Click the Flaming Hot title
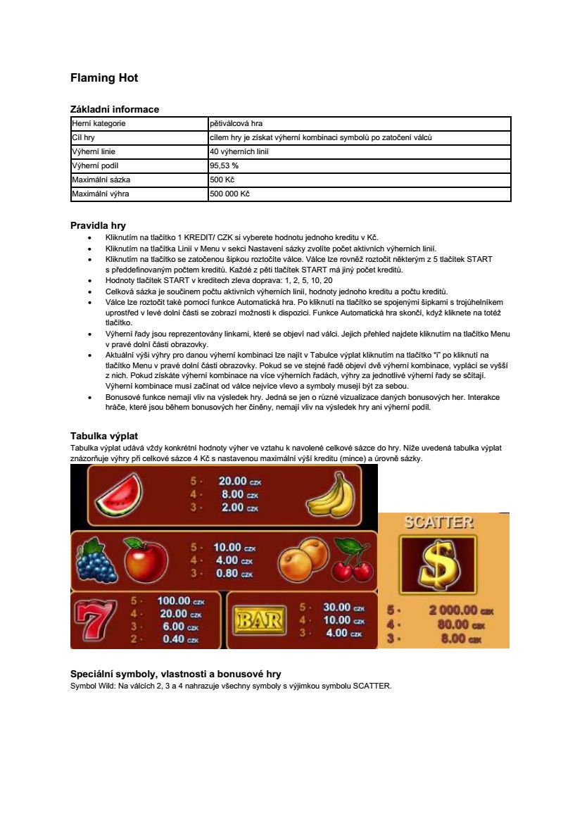point(104,78)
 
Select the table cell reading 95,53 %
point(224,165)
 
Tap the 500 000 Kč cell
point(229,194)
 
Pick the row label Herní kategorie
point(99,123)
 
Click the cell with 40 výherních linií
point(239,151)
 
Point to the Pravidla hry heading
point(98,225)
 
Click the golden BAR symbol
point(259,620)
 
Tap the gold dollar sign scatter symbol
point(437,565)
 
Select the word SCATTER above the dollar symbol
point(438,523)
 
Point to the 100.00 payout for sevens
point(173,601)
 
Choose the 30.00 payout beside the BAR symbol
point(337,607)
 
